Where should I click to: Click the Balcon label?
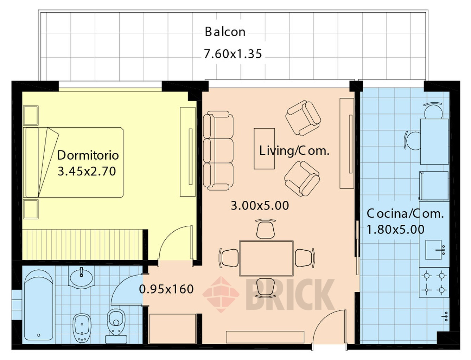click(225, 32)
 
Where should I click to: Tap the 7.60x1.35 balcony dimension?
click(233, 54)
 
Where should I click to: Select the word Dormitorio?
click(88, 155)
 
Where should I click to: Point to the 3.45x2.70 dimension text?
click(87, 171)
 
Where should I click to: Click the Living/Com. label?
click(294, 150)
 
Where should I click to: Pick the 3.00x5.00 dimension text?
click(260, 205)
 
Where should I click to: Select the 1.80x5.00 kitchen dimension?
click(395, 229)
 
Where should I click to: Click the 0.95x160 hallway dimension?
click(166, 289)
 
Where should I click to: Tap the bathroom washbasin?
click(81, 277)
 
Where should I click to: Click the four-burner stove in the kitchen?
click(434, 282)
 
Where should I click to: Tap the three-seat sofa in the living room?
click(218, 150)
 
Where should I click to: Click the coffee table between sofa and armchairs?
click(264, 149)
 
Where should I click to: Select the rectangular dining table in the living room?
click(266, 258)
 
